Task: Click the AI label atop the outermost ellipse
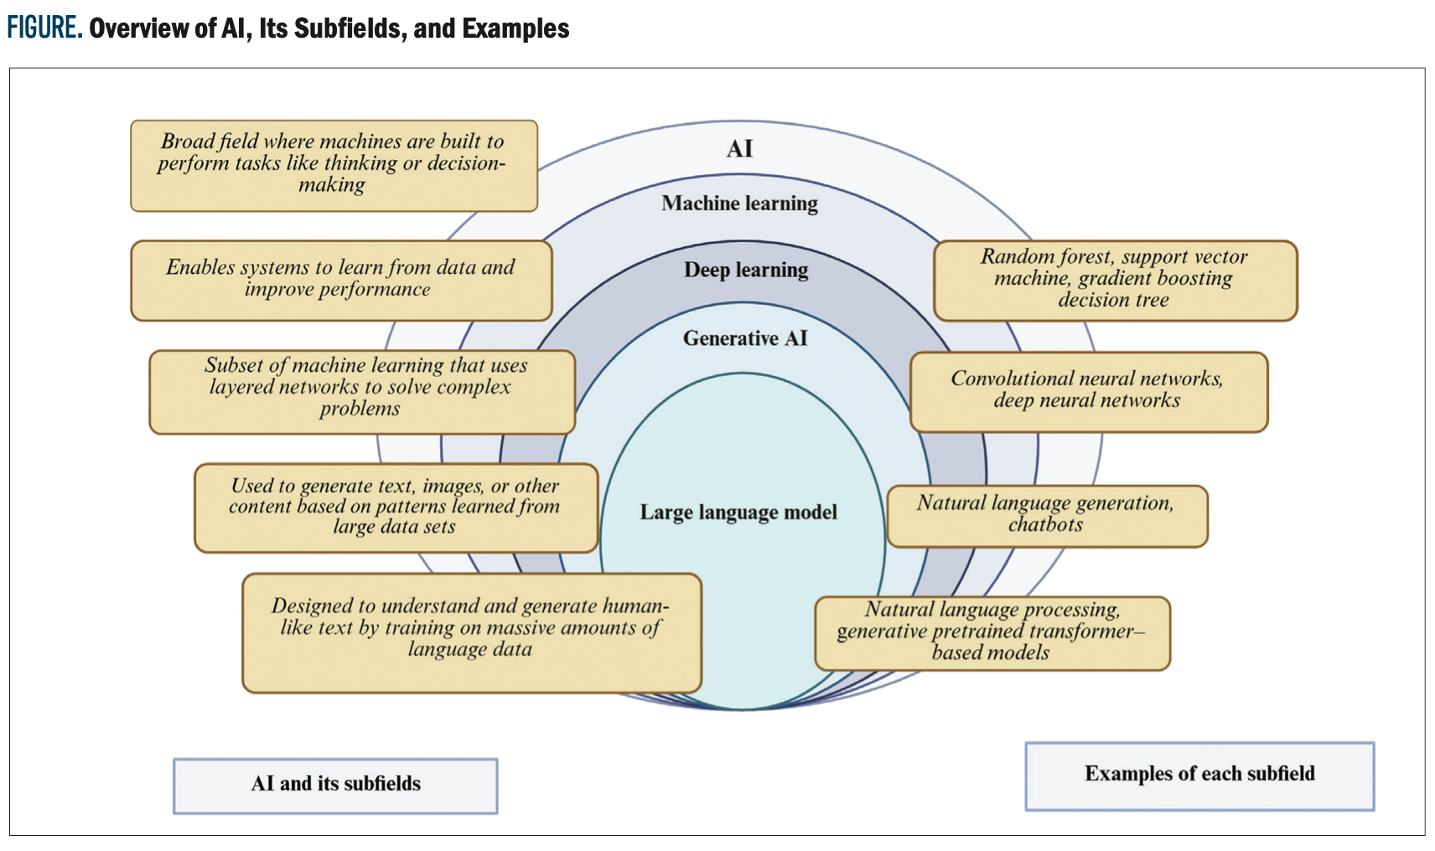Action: pyautogui.click(x=739, y=149)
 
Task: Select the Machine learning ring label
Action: pyautogui.click(x=739, y=204)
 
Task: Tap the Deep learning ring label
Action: pyautogui.click(x=746, y=270)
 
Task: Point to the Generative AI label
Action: pyautogui.click(x=745, y=338)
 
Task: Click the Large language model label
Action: pyautogui.click(x=738, y=512)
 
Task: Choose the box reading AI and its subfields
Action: pyautogui.click(x=335, y=785)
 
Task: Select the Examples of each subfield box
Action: pyautogui.click(x=1199, y=775)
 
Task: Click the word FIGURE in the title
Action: pyautogui.click(x=44, y=28)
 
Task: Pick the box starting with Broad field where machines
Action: pyautogui.click(x=334, y=165)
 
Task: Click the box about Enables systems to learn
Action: pyautogui.click(x=341, y=281)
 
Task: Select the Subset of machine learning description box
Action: pyautogui.click(x=362, y=391)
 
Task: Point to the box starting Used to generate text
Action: pyautogui.click(x=396, y=508)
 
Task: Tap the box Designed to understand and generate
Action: pyautogui.click(x=471, y=632)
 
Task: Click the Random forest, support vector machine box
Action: pyautogui.click(x=1115, y=281)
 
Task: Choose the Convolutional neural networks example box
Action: pyautogui.click(x=1088, y=391)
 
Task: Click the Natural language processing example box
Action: pyautogui.click(x=992, y=633)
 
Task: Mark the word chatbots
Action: pyautogui.click(x=1045, y=525)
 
